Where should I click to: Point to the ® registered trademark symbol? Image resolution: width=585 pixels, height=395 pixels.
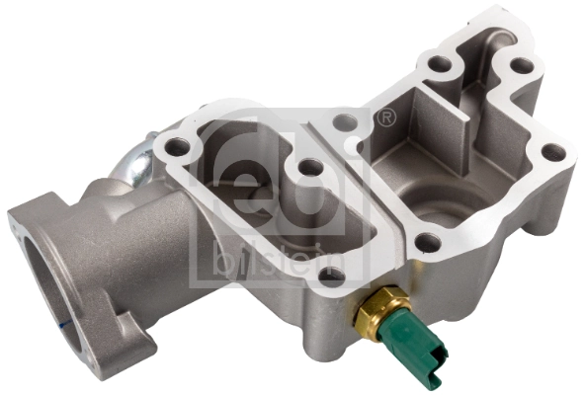coord(388,118)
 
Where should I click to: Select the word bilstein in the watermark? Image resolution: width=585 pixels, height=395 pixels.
coord(280,260)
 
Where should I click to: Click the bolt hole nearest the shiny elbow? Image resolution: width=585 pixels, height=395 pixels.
coord(177,148)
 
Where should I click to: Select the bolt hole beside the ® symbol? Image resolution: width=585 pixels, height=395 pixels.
coord(345,123)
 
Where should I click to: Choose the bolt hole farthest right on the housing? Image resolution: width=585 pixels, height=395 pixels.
coord(553,152)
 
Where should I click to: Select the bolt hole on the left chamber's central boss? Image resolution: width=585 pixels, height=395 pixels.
coord(310,168)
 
